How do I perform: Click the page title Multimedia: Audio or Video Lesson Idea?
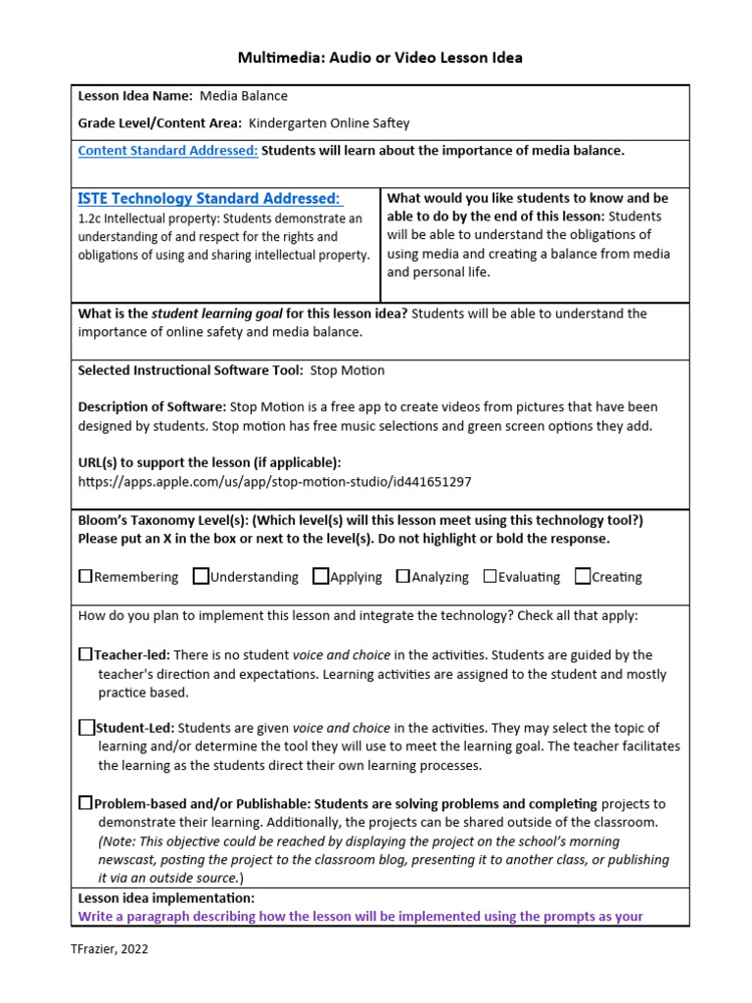point(380,58)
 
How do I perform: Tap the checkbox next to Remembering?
point(85,576)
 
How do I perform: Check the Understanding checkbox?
point(201,576)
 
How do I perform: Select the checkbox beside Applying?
point(320,576)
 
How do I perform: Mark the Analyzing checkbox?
point(402,576)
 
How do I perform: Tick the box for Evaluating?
point(490,576)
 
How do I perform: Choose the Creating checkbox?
point(583,576)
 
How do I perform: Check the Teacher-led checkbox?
point(85,653)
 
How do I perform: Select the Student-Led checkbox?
point(86,727)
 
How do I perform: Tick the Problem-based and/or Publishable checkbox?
point(85,802)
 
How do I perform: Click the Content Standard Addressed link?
point(167,150)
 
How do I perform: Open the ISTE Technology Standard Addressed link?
point(210,199)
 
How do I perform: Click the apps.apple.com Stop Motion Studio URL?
point(274,481)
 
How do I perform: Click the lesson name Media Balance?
point(244,96)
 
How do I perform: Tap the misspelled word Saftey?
point(388,123)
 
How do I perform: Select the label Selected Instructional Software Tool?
point(190,370)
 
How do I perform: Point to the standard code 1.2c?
point(90,218)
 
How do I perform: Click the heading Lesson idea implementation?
point(166,897)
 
